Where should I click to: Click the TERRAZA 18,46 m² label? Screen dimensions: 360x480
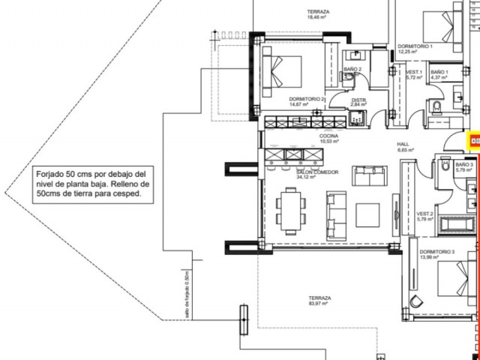tap(319, 14)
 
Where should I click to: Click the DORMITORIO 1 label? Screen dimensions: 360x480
tap(415, 48)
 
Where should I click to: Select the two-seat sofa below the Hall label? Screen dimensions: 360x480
tap(368, 176)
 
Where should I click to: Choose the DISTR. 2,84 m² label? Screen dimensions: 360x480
tap(359, 102)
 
